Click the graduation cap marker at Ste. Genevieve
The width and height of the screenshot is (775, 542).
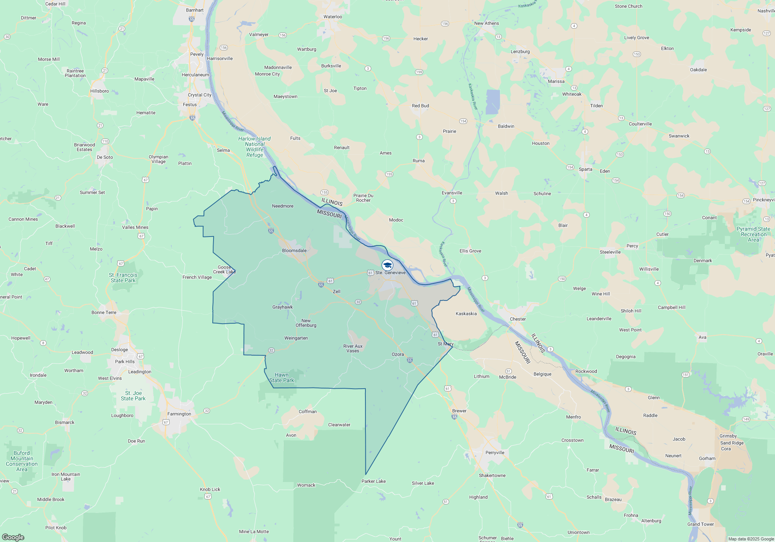pos(387,265)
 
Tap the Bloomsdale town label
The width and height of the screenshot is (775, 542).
pos(294,250)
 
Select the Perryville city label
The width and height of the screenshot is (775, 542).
pos(495,453)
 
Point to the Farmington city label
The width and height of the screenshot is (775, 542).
pos(179,414)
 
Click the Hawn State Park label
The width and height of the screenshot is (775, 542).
pos(282,377)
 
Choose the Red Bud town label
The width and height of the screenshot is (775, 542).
pos(420,106)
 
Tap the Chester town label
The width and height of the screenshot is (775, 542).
pos(518,319)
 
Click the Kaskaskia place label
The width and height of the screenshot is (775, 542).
pos(466,314)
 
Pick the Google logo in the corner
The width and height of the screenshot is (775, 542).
pos(13,537)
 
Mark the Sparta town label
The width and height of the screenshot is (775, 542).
pos(585,169)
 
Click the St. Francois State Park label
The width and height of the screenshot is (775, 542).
pos(123,278)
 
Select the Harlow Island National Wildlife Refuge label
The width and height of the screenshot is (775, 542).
pos(255,147)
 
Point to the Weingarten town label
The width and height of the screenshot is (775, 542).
pos(296,338)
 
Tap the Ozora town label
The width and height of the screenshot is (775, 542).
pos(398,354)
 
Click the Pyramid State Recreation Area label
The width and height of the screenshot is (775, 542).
pos(753,234)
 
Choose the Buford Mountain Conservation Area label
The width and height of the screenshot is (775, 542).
pos(22,461)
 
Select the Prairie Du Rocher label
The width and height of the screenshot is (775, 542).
pos(363,198)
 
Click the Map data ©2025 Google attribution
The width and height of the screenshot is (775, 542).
pos(751,539)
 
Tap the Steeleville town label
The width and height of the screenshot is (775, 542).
pos(610,252)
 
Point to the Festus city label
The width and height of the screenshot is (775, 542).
pos(189,105)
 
